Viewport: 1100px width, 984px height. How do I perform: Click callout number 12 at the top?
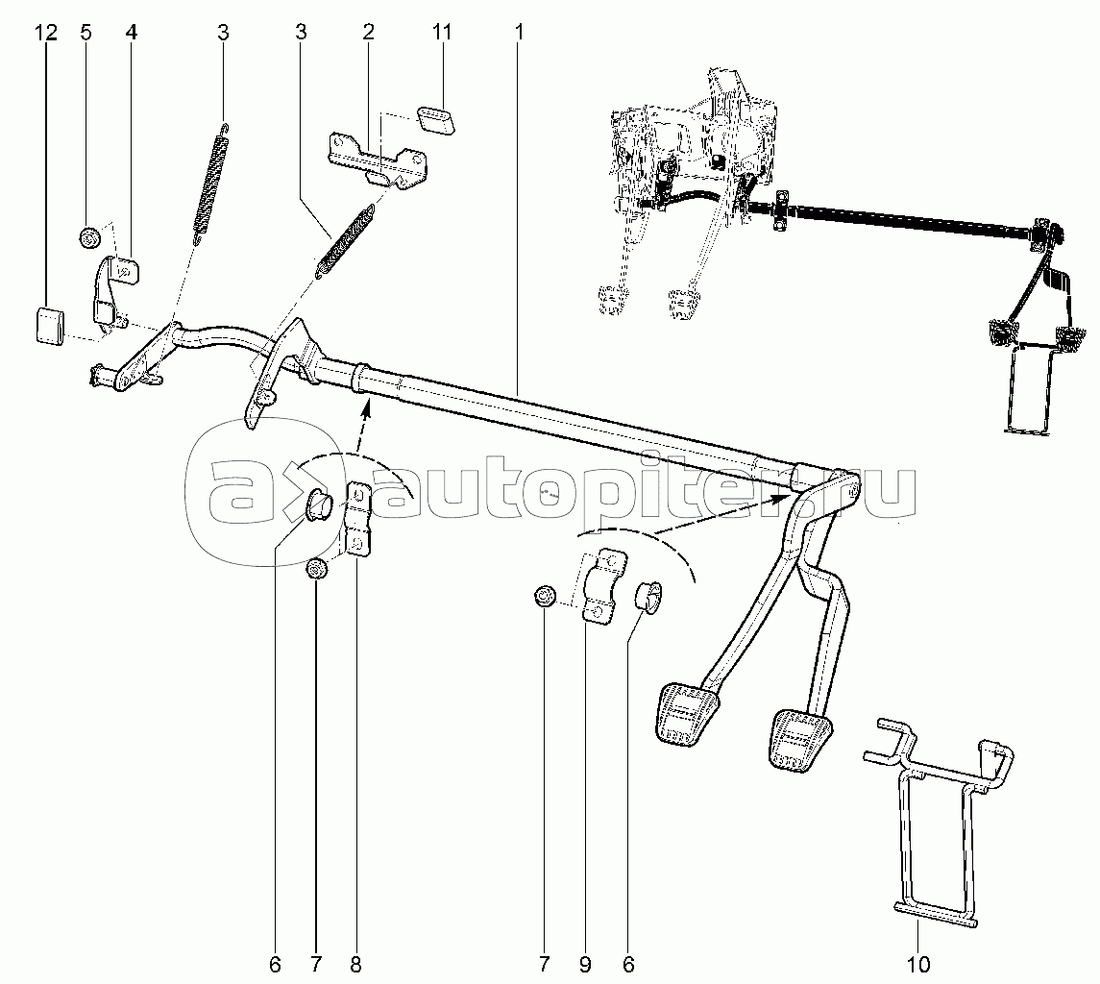(47, 33)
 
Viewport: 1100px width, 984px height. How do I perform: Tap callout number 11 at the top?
(441, 33)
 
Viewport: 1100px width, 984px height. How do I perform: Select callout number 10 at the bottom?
(918, 965)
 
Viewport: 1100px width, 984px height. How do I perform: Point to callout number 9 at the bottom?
(585, 965)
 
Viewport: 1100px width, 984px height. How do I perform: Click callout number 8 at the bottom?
(355, 965)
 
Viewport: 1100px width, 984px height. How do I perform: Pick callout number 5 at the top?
(86, 33)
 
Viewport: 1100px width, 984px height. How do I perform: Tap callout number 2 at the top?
(368, 33)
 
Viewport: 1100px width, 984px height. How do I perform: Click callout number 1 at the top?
(519, 33)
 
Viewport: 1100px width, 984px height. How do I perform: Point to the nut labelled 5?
(89, 238)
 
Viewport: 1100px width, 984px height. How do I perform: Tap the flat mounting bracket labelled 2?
(378, 160)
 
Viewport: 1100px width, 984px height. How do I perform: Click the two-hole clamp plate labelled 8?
(358, 520)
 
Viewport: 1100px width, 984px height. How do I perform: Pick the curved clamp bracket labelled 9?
(602, 585)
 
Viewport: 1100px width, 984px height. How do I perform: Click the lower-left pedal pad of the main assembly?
(687, 712)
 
